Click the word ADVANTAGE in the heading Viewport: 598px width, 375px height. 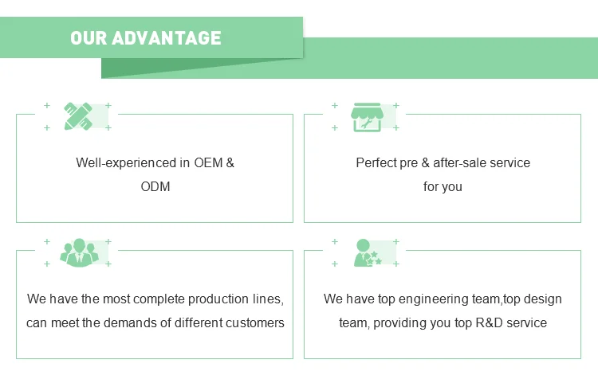pos(167,37)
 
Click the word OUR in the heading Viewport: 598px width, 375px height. pos(89,37)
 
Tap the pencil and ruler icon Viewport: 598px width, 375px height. pos(77,116)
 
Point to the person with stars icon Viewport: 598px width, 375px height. pos(367,252)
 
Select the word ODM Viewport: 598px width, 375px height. pos(155,187)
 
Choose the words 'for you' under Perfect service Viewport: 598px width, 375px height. pos(443,187)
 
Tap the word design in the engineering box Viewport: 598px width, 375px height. pos(544,299)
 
